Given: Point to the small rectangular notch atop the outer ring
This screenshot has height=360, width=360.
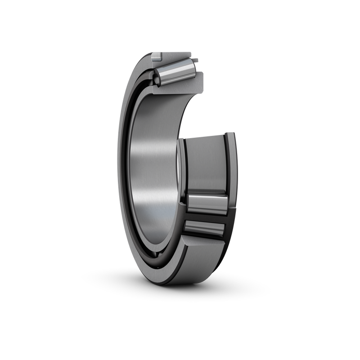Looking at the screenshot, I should point(155,57).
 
